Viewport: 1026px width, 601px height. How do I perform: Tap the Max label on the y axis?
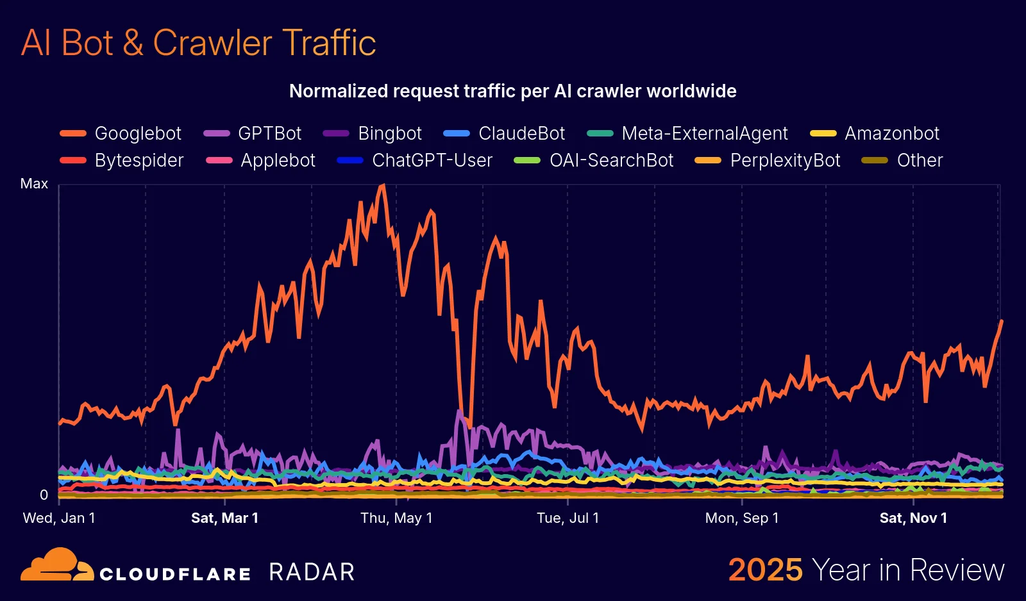coord(34,184)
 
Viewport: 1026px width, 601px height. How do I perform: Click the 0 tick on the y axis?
coord(44,495)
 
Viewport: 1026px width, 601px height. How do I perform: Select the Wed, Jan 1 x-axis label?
coord(59,518)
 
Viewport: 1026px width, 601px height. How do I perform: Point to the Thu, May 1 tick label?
coord(396,518)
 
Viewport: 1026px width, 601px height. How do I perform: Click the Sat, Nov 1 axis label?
coord(913,518)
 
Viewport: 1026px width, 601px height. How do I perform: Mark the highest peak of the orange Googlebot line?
coord(383,186)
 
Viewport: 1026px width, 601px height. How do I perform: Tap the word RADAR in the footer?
coord(312,572)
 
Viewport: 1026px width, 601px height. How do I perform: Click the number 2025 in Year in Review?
coord(765,570)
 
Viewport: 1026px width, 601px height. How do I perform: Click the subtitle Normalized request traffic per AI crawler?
coord(512,91)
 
